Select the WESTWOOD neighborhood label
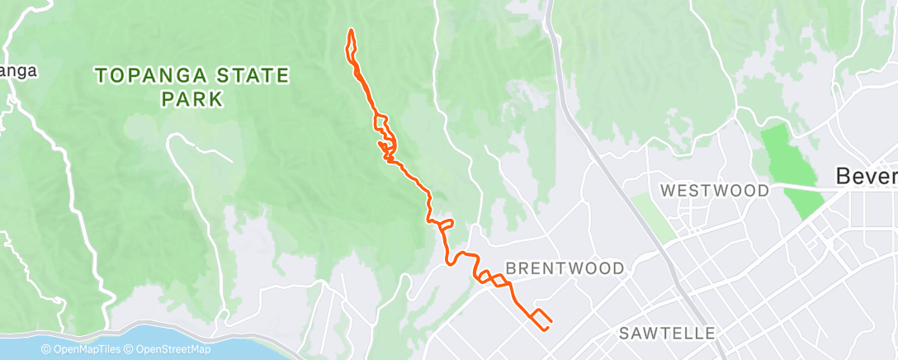pyautogui.click(x=714, y=191)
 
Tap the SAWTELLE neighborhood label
pyautogui.click(x=667, y=334)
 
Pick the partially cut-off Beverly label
pyautogui.click(x=866, y=176)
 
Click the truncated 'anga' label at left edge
pyautogui.click(x=18, y=71)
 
